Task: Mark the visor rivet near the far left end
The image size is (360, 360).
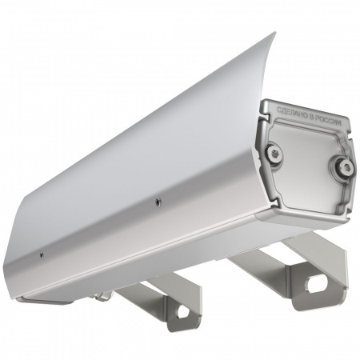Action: click(x=42, y=256)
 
